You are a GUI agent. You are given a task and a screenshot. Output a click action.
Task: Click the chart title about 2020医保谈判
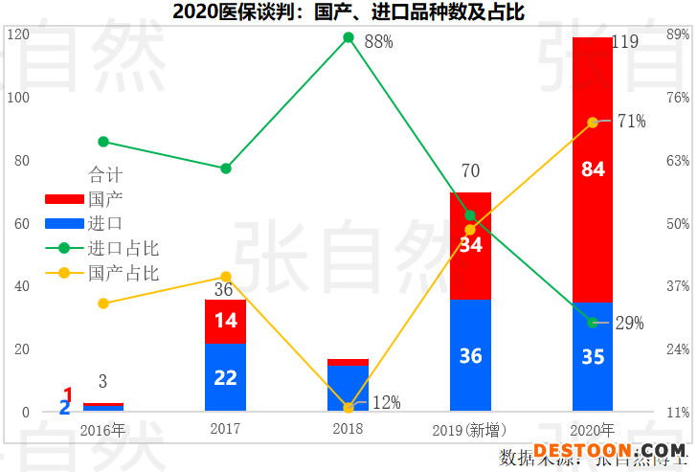coord(349,11)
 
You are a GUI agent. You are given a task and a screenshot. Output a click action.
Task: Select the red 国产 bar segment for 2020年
coord(592,169)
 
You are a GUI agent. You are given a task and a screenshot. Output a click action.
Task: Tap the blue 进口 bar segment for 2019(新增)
coord(470,355)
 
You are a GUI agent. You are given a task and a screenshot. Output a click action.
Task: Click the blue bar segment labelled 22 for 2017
coord(225,377)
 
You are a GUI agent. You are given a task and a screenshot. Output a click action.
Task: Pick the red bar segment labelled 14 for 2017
coord(225,321)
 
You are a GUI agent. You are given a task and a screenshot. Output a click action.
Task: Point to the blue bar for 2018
coord(348,388)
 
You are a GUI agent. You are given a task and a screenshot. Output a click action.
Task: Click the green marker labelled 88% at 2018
coord(349,38)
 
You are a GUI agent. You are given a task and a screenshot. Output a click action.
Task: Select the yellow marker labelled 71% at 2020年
coord(593,122)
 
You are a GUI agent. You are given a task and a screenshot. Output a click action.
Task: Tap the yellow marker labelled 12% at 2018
coord(349,408)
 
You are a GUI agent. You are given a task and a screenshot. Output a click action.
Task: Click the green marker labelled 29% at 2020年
coord(593,323)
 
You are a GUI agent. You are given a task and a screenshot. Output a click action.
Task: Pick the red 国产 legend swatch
coord(64,199)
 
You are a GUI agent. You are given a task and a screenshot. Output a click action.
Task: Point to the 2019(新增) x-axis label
coord(469,429)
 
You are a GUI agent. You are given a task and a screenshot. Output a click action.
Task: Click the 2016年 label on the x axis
coord(102,429)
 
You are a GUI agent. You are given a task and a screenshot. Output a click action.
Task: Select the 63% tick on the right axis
coord(678,160)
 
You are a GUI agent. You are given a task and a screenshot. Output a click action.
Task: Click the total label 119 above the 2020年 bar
coord(624,41)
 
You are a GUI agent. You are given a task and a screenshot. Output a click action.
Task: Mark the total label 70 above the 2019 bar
coord(470,172)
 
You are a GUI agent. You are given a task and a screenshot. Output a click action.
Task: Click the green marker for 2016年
coord(103,142)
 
